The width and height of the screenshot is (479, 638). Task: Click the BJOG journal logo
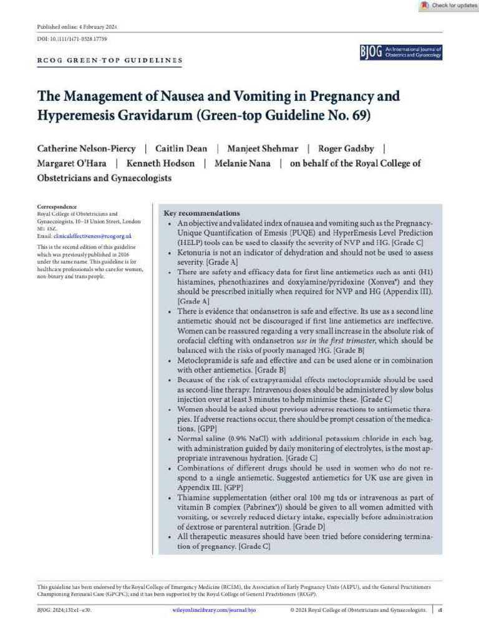click(400, 52)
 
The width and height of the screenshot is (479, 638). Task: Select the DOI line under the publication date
click(72, 39)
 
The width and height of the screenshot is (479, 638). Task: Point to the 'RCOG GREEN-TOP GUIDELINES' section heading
click(110, 61)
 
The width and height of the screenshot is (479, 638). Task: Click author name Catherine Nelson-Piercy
click(87, 148)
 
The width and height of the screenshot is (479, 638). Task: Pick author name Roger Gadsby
click(346, 148)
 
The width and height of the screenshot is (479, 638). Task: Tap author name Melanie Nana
click(239, 163)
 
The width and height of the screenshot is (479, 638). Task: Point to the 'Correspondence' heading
click(57, 207)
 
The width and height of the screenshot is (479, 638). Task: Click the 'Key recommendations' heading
click(201, 213)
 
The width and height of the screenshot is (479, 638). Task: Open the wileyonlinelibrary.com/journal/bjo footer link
click(214, 610)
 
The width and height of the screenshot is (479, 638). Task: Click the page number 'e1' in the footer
click(440, 610)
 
